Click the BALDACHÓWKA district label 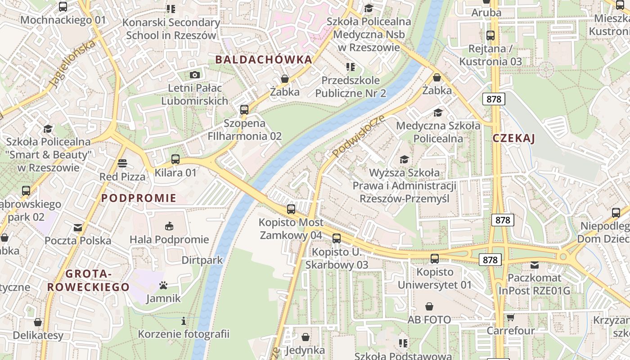click(x=263, y=59)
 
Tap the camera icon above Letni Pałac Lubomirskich click(x=194, y=75)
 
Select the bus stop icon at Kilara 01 click(x=175, y=159)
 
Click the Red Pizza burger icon click(x=122, y=163)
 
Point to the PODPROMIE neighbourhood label click(x=139, y=198)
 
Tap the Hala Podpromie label click(x=169, y=239)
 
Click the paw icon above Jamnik click(x=163, y=285)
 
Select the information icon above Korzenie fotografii click(x=183, y=321)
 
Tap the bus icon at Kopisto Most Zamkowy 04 click(x=291, y=209)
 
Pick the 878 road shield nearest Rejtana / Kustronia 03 click(x=494, y=99)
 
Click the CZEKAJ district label click(x=513, y=138)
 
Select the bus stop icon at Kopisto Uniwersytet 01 click(x=434, y=259)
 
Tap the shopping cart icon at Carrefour click(x=510, y=318)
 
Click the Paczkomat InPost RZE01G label click(x=534, y=284)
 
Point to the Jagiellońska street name click(x=73, y=63)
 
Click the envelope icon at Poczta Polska click(x=78, y=228)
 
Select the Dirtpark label click(x=202, y=260)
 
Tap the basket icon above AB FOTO click(x=429, y=307)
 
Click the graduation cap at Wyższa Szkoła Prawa click(x=404, y=160)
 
